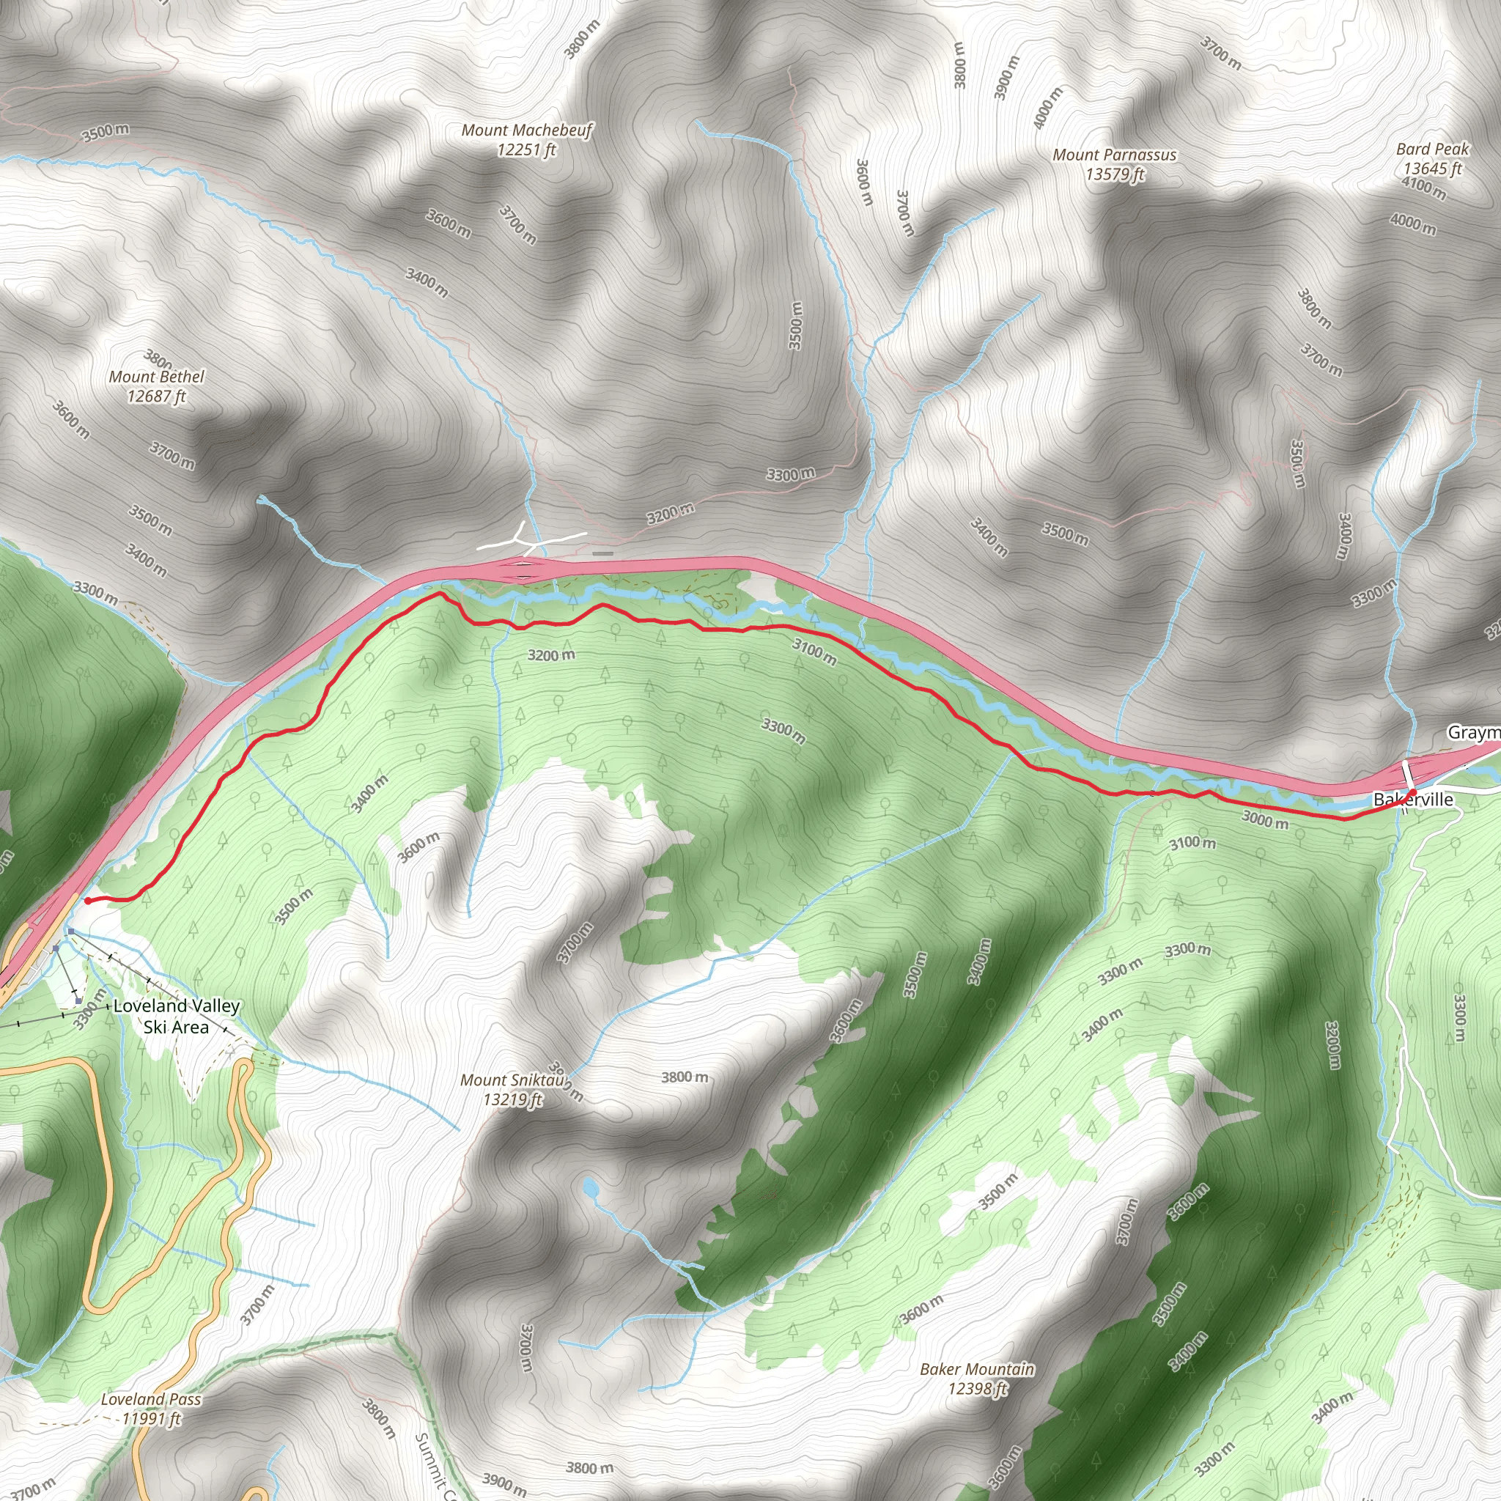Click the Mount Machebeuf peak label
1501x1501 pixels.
tap(527, 130)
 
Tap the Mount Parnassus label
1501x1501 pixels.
tap(1114, 155)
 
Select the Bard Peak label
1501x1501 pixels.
tap(1433, 150)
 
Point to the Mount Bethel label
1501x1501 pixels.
tap(156, 377)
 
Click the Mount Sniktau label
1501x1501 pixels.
tap(512, 1080)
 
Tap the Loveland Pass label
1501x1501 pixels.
tap(151, 1399)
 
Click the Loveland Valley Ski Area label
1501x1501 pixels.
tap(177, 1017)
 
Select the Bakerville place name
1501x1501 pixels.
tap(1413, 800)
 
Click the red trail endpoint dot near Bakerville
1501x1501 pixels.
tap(1413, 792)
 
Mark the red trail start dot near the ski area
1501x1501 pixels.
tap(88, 901)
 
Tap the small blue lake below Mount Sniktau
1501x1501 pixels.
tap(591, 1187)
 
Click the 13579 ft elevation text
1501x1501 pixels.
tap(1115, 175)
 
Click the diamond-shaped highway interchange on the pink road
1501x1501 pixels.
tap(521, 570)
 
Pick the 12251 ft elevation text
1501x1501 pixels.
tap(527, 150)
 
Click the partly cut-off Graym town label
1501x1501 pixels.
tap(1472, 733)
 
